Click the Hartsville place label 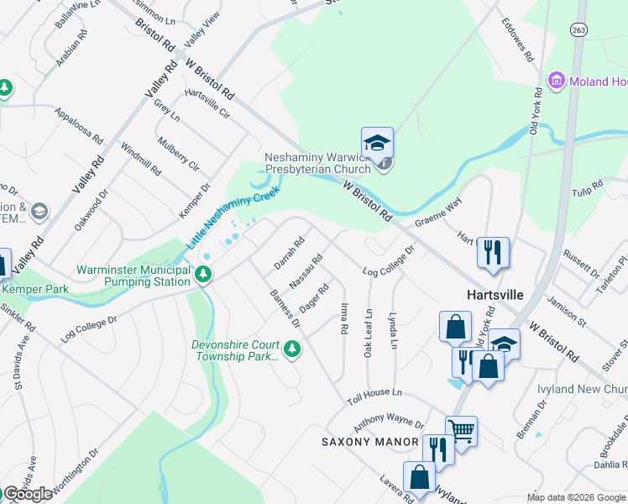coord(495,295)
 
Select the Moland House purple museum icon coord(555,81)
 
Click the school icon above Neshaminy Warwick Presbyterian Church coord(378,142)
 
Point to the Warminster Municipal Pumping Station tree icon coord(203,275)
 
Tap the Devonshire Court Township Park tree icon coord(291,348)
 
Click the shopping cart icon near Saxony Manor coord(461,431)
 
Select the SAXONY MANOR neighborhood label coord(370,442)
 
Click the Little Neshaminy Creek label coord(220,218)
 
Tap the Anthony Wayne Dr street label coord(388,420)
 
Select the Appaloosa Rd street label coord(78,125)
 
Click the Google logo coord(27,494)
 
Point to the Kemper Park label coord(34,289)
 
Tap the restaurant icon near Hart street coord(492,251)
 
